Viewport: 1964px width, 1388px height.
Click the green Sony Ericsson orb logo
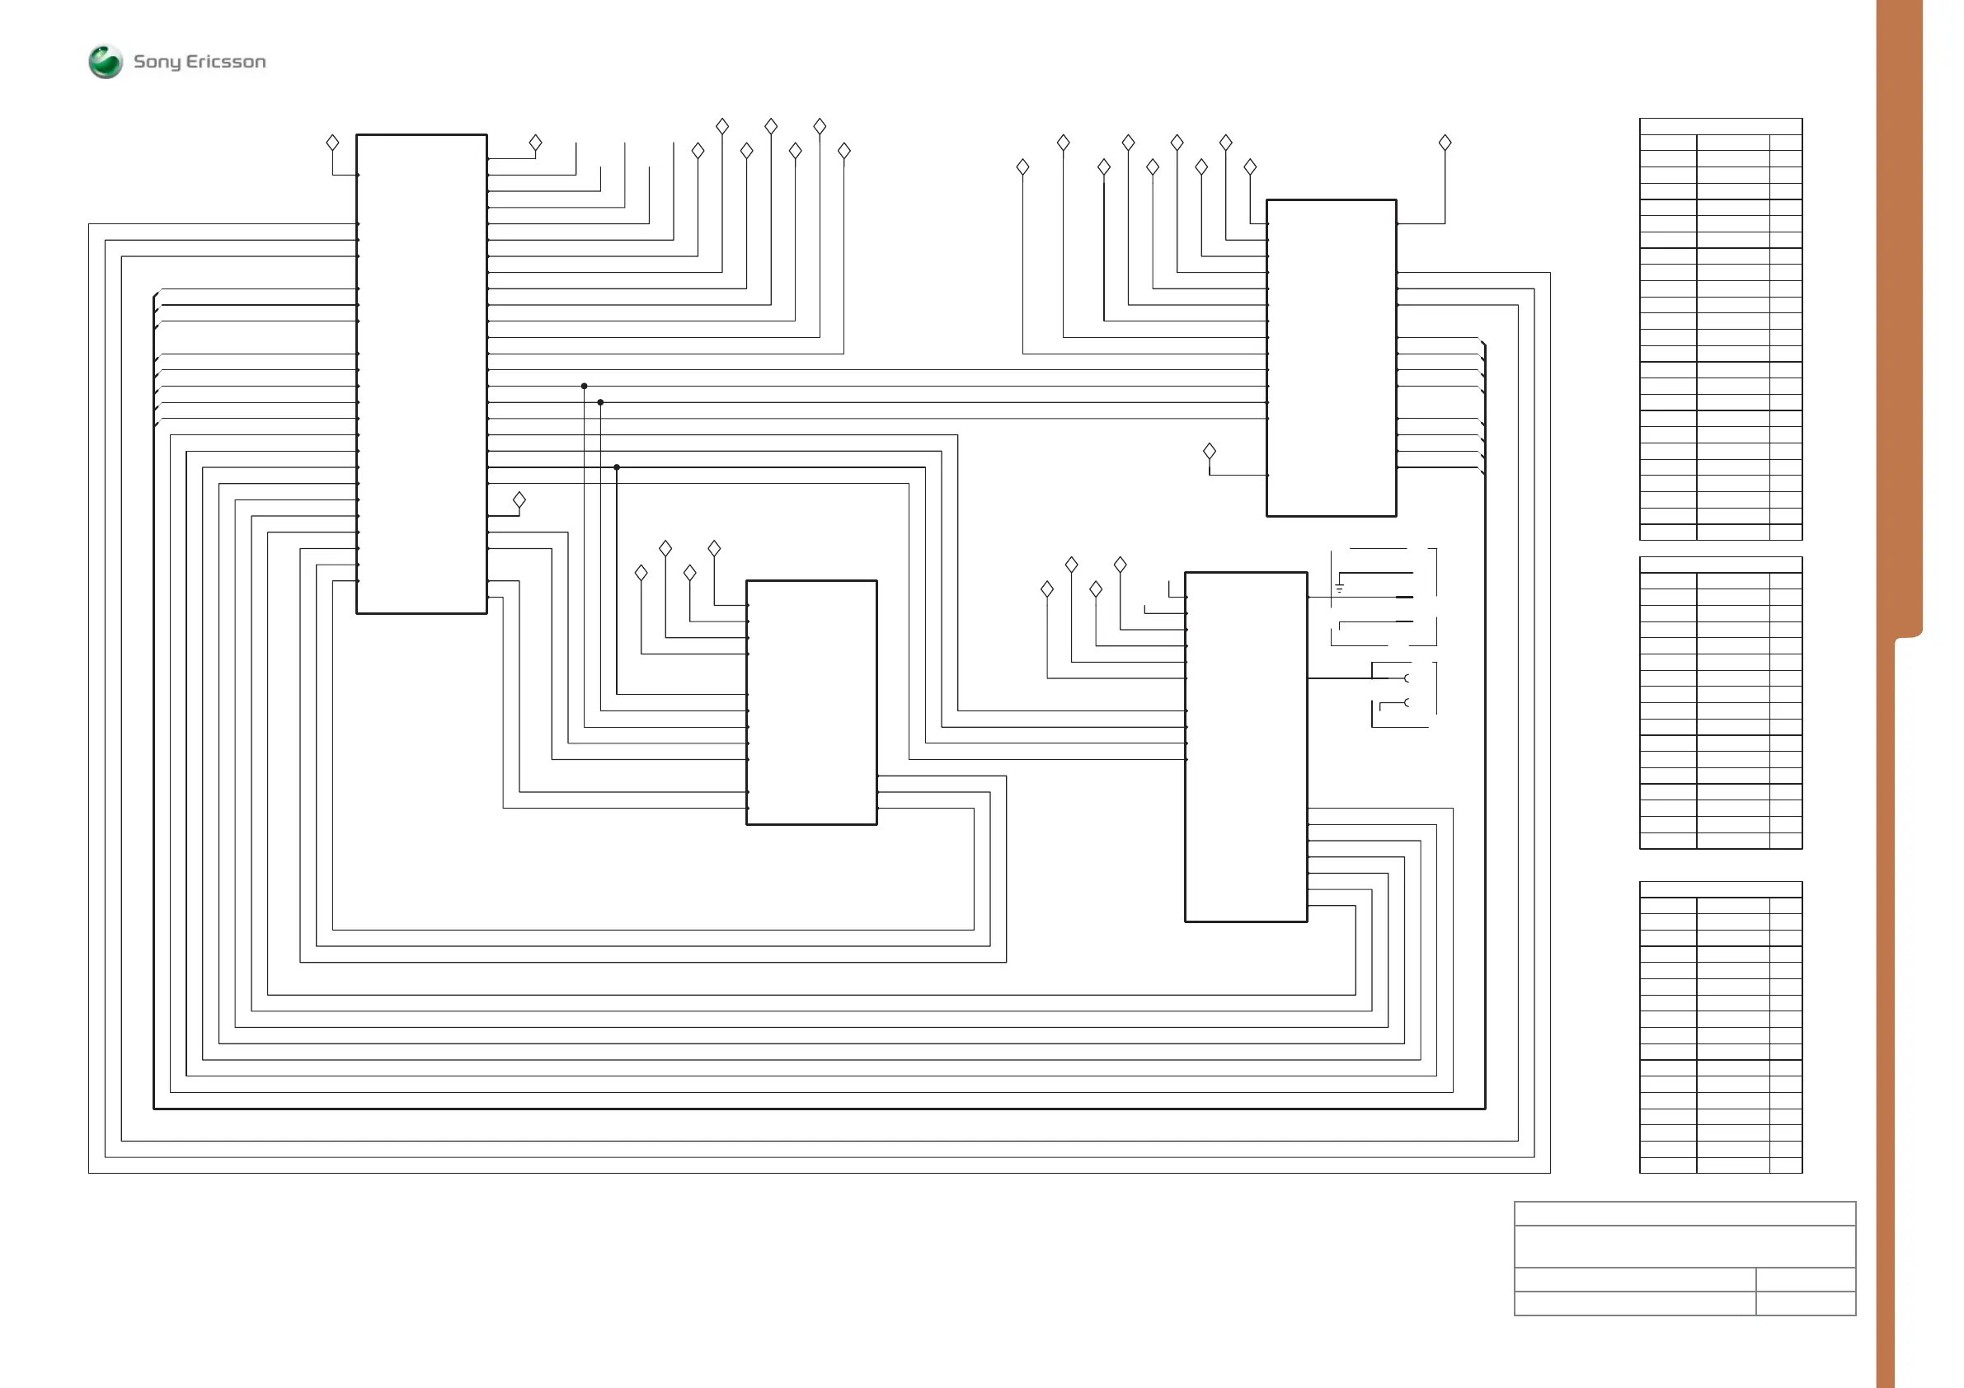(x=106, y=62)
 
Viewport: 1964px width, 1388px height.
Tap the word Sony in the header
(x=157, y=62)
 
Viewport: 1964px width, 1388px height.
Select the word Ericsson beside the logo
(x=226, y=62)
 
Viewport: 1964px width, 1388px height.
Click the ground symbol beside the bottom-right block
(x=1340, y=588)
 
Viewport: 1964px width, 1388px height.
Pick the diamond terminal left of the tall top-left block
(x=333, y=143)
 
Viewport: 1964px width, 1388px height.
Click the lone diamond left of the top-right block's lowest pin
(x=1210, y=451)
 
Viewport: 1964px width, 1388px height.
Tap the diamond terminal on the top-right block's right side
(x=1445, y=143)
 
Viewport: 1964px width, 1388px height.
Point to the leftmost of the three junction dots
(x=585, y=386)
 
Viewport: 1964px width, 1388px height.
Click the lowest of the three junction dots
(x=617, y=467)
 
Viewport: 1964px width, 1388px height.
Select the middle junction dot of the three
(x=600, y=402)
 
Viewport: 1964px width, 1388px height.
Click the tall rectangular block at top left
(x=421, y=373)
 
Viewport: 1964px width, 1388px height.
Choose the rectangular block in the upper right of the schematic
(x=1331, y=358)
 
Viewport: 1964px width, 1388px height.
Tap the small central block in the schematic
(x=812, y=702)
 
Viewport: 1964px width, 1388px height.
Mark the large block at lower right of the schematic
(x=1246, y=747)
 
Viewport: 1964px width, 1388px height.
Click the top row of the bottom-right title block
(x=1684, y=1213)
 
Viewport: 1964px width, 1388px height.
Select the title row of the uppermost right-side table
(x=1720, y=126)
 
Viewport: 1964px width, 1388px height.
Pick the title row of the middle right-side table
(x=1720, y=565)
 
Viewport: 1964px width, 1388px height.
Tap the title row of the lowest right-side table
(x=1720, y=889)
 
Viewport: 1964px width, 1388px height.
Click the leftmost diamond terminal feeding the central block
(x=641, y=573)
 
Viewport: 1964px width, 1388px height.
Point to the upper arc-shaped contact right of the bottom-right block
(x=1407, y=678)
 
